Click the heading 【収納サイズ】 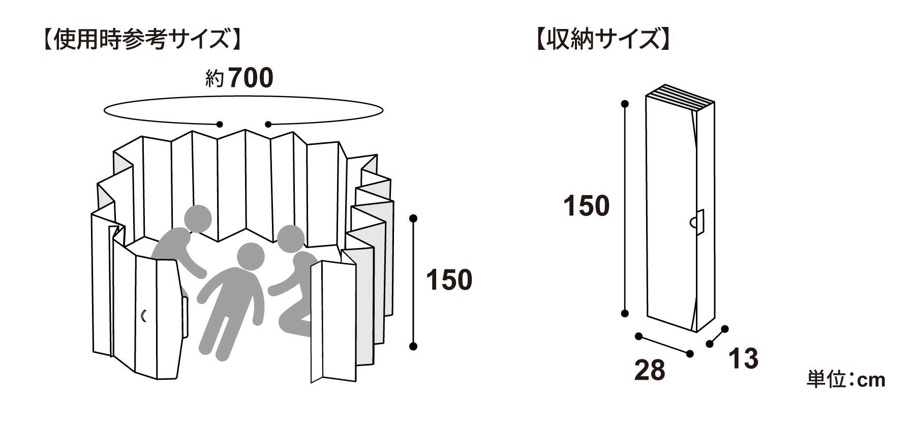pyautogui.click(x=602, y=39)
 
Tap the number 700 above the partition pyautogui.click(x=251, y=78)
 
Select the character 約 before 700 pyautogui.click(x=215, y=79)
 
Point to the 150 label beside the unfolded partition pyautogui.click(x=449, y=280)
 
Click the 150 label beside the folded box pyautogui.click(x=586, y=206)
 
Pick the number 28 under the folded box pyautogui.click(x=650, y=370)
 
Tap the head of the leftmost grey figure pyautogui.click(x=197, y=219)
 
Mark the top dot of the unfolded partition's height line pyautogui.click(x=413, y=219)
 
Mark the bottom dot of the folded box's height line pyautogui.click(x=625, y=313)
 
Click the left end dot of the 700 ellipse pyautogui.click(x=220, y=124)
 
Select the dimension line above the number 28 pyautogui.click(x=664, y=345)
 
